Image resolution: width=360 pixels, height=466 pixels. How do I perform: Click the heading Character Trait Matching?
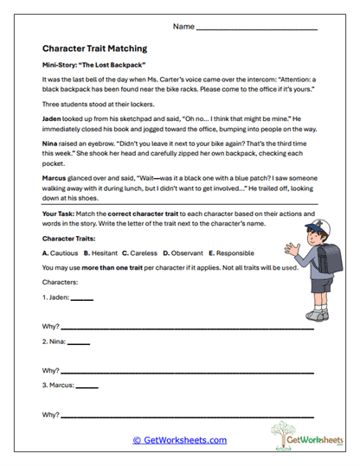93,49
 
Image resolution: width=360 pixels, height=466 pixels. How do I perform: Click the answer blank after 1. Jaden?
80,299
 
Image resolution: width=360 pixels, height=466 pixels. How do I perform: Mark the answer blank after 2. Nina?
78,343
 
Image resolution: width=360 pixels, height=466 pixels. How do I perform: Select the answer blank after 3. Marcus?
87,386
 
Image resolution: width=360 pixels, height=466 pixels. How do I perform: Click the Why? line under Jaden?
186,329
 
